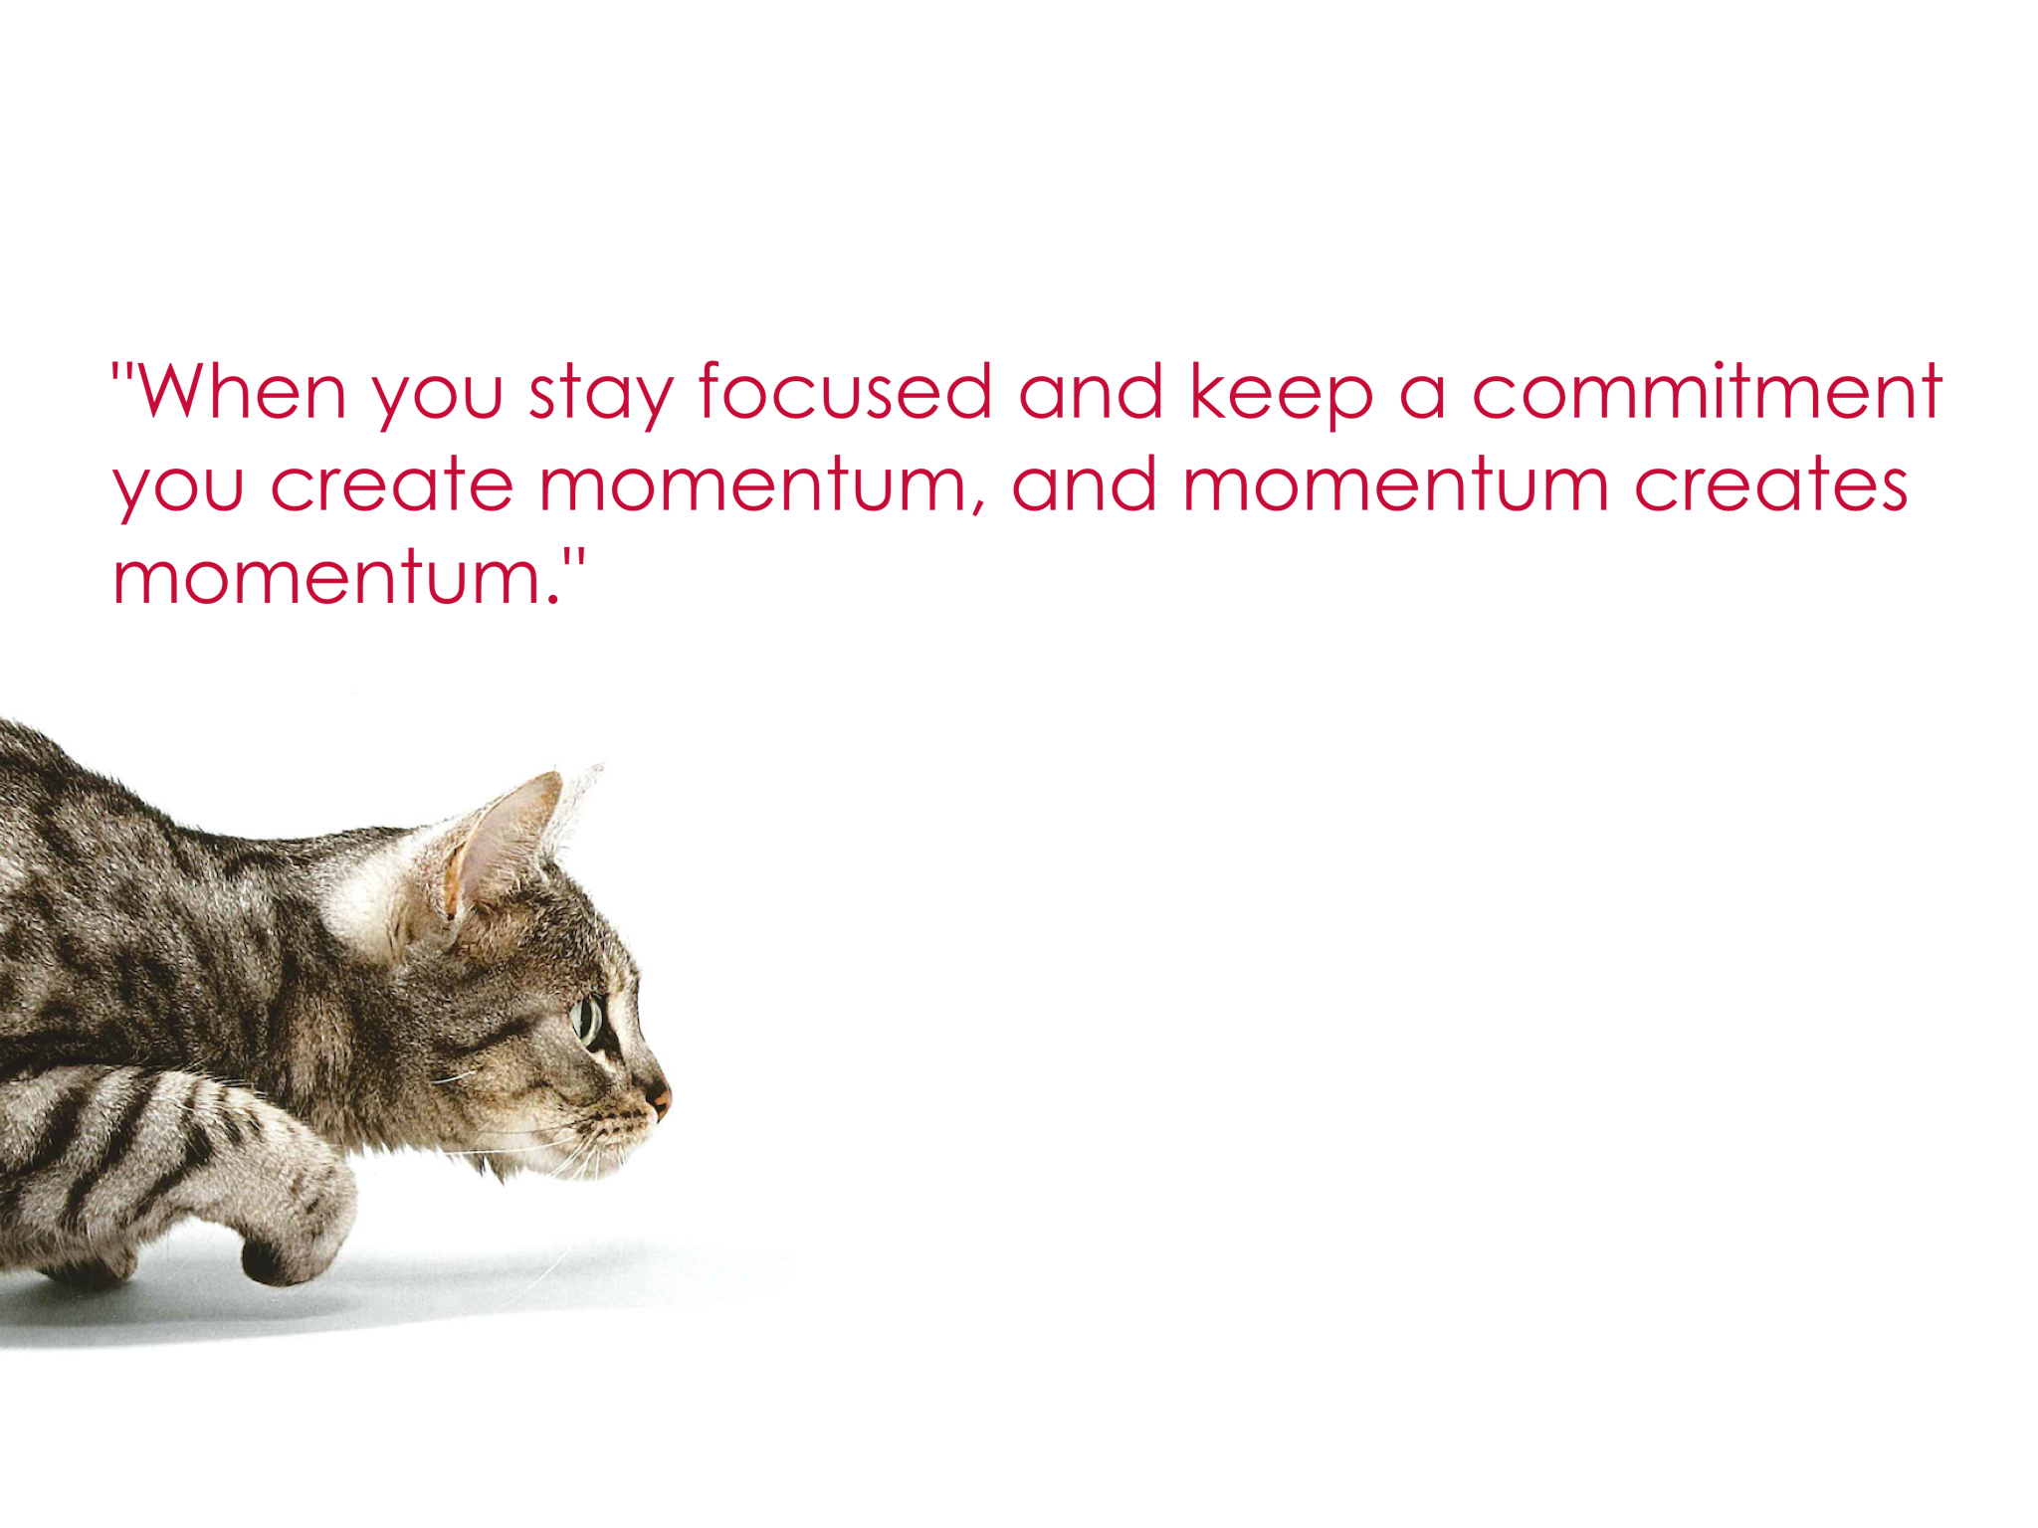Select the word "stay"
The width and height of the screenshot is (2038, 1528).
tap(601, 397)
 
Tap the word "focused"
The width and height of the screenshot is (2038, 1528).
tap(846, 390)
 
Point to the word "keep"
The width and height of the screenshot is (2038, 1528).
tap(1282, 397)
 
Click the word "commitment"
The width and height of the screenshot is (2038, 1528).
tap(1708, 390)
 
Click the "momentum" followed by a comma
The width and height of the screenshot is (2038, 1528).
tap(754, 484)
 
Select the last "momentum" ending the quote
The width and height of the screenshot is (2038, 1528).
tap(328, 576)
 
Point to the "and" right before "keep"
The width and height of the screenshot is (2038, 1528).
tap(1091, 390)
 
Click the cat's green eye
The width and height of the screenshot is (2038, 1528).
tap(588, 1021)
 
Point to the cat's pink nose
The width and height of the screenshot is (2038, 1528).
tap(660, 1100)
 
